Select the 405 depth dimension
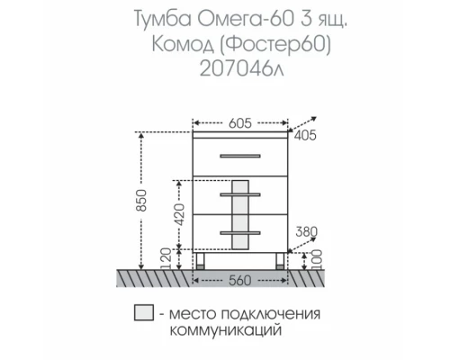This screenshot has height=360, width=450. point(307,136)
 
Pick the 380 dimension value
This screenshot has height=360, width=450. point(307,231)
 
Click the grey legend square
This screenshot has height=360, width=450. point(141,313)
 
